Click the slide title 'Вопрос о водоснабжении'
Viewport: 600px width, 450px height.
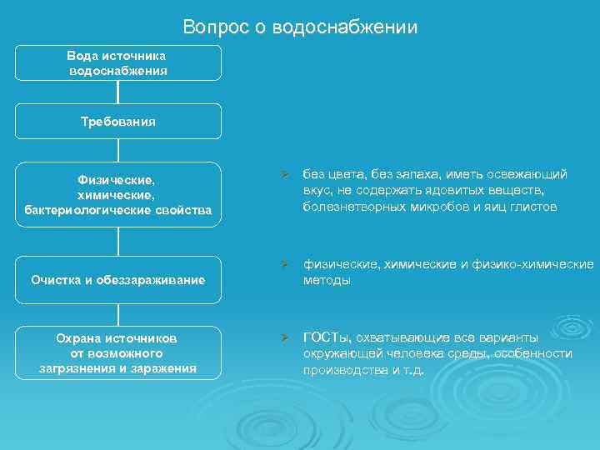coord(300,27)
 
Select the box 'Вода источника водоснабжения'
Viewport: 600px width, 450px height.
coord(118,63)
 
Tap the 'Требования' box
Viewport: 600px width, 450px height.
coord(118,121)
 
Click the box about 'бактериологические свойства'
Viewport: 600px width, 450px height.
coord(118,193)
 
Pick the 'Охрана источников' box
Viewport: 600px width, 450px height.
coord(118,352)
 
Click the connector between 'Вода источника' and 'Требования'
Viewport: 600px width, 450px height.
coord(119,92)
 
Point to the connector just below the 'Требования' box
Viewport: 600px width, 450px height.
coord(119,150)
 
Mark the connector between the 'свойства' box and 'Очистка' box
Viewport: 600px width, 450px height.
coord(119,240)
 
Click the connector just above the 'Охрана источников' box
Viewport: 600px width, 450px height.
coord(119,313)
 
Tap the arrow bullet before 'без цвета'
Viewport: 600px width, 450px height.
coord(284,175)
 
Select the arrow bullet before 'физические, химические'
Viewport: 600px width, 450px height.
coord(284,265)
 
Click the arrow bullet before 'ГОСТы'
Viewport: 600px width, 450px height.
coord(284,337)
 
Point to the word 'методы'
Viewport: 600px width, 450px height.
coord(327,281)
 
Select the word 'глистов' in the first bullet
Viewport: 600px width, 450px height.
coord(535,206)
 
